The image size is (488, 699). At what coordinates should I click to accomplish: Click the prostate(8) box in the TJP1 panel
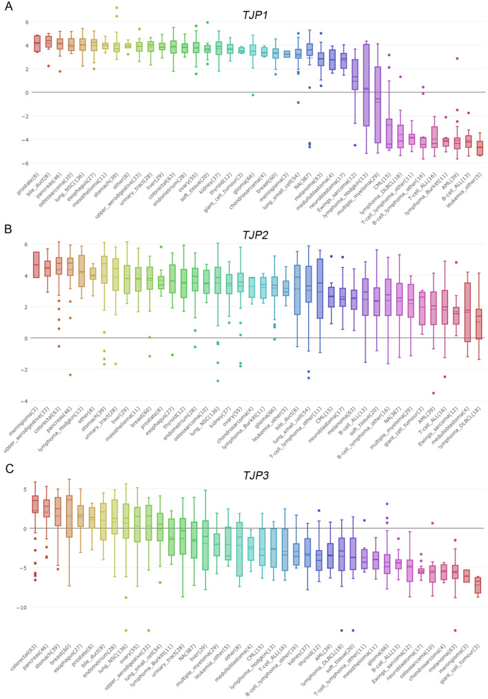point(37,43)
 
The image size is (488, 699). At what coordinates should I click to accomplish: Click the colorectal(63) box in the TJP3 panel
point(34,504)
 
